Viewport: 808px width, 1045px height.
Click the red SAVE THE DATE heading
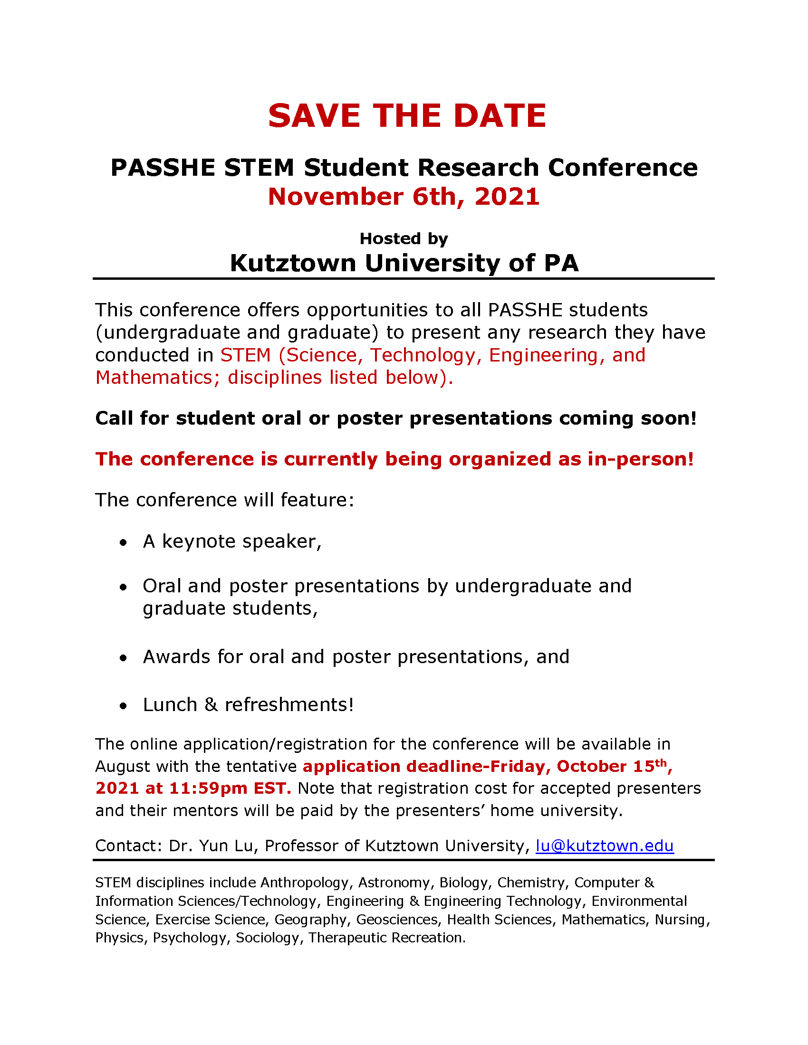pyautogui.click(x=407, y=116)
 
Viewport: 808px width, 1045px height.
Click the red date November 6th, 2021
pyautogui.click(x=404, y=197)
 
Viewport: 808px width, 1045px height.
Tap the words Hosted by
pyautogui.click(x=404, y=238)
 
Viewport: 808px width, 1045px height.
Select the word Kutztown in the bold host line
pyautogui.click(x=293, y=263)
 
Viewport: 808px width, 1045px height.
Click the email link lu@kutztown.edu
pyautogui.click(x=605, y=845)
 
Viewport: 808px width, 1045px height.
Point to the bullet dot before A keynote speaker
pyautogui.click(x=124, y=542)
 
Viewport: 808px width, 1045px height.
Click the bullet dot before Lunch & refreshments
pyautogui.click(x=124, y=706)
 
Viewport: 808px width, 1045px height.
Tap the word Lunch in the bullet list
pyautogui.click(x=170, y=705)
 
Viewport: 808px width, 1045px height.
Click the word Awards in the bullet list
pyautogui.click(x=177, y=657)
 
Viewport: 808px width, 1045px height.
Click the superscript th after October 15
pyautogui.click(x=661, y=763)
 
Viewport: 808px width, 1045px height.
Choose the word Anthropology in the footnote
pyautogui.click(x=305, y=883)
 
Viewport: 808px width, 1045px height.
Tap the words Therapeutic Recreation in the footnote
pyautogui.click(x=387, y=937)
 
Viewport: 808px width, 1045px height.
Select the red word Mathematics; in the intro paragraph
pyautogui.click(x=157, y=378)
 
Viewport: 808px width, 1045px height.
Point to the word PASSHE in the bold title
pyautogui.click(x=163, y=168)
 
